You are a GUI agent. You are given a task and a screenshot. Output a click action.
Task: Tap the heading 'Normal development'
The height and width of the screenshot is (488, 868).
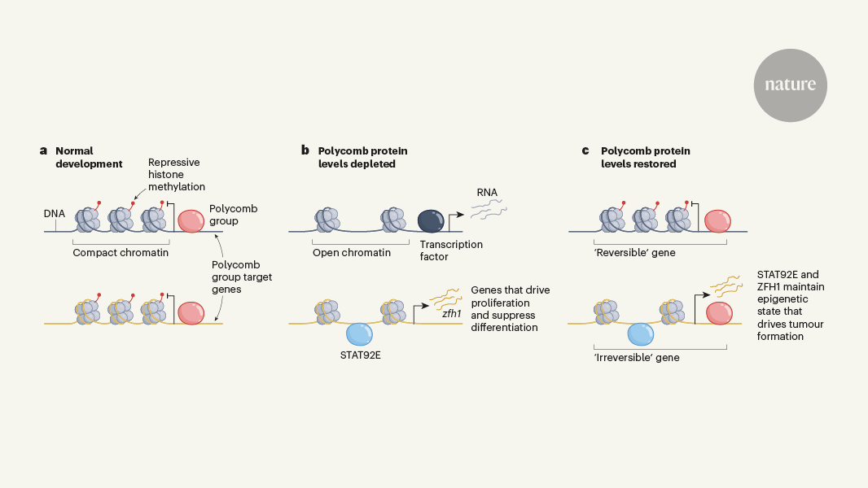pos(88,157)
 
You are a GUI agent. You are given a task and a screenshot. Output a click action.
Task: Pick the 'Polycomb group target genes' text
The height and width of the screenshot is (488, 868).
pos(241,277)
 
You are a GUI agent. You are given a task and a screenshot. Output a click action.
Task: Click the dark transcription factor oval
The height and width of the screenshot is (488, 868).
pos(431,221)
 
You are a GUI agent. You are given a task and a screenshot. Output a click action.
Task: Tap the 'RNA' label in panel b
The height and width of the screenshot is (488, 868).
pos(488,193)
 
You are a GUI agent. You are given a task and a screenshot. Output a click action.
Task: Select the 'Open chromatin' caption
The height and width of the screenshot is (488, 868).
pos(352,252)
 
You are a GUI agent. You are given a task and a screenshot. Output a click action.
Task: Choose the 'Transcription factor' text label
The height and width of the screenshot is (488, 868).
pos(450,251)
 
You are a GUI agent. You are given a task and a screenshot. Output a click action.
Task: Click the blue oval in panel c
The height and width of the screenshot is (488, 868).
pos(641,334)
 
